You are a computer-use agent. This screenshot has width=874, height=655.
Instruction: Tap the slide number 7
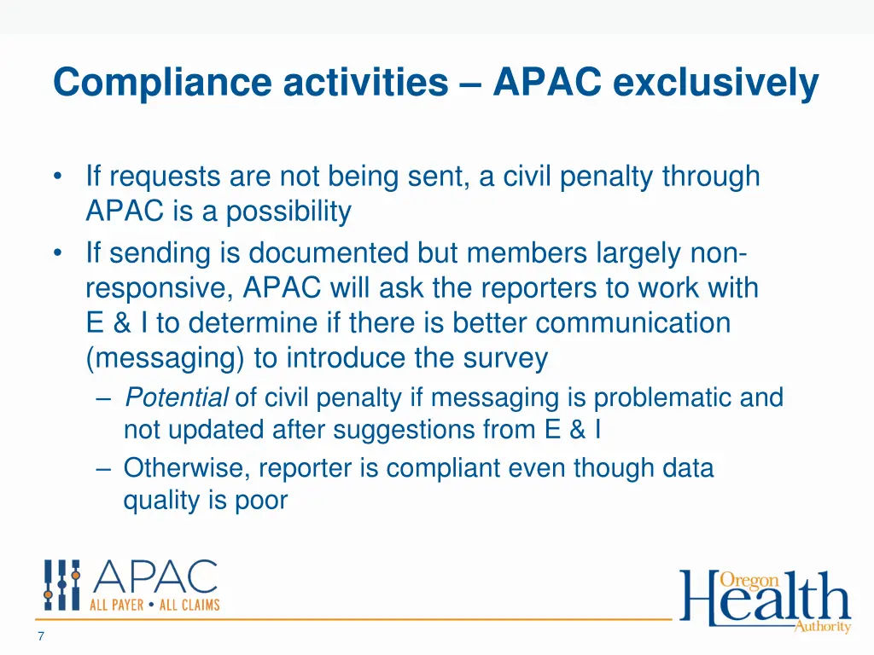tap(40, 636)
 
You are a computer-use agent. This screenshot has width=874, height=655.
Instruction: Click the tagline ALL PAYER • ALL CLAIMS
tap(155, 605)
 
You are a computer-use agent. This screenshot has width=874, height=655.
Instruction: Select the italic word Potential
tap(177, 397)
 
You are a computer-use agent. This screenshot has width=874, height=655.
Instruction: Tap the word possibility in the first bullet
tap(288, 211)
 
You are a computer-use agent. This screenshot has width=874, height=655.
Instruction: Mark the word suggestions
tap(399, 430)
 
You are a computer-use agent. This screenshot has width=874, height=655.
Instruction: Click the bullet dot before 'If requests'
tap(57, 177)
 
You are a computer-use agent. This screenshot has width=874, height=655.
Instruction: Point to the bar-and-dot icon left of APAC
tap(62, 585)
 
